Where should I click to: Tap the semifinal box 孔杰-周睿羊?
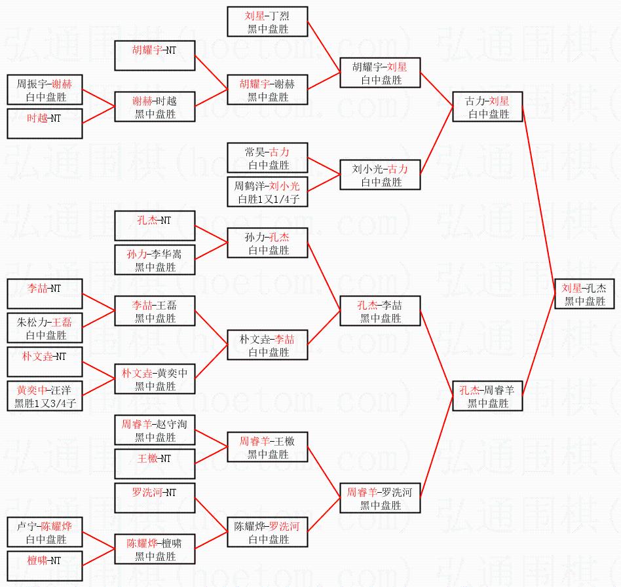488,396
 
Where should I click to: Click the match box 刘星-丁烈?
267,22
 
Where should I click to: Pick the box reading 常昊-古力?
267,158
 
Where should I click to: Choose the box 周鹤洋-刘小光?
267,192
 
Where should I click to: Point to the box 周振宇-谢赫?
45,90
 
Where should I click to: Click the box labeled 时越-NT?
45,124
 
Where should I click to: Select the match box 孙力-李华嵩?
155,260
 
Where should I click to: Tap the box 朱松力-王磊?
45,328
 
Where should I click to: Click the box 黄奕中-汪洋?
45,396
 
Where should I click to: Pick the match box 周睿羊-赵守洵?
155,430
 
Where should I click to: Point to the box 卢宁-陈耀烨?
45,532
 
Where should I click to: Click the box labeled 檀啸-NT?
45,566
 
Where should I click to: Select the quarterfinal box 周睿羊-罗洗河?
380,498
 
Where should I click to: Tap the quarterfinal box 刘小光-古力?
380,175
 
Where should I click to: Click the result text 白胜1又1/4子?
267,200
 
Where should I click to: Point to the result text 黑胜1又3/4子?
45,404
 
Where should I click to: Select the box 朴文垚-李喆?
267,345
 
